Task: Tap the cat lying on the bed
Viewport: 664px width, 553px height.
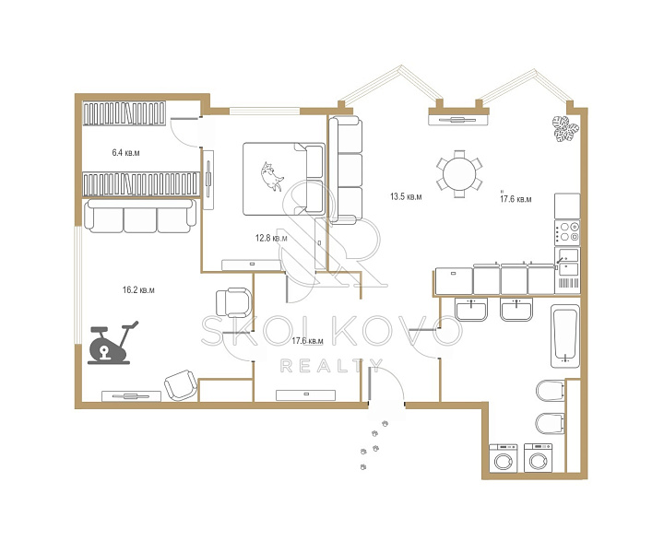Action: pos(272,176)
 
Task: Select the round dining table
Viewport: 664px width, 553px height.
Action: pos(459,174)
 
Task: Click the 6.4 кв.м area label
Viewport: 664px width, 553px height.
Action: pos(125,153)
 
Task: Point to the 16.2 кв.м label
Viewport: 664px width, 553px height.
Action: pos(138,289)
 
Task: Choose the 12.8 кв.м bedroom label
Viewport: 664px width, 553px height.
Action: pos(271,238)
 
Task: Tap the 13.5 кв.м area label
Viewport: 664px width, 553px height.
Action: pos(406,196)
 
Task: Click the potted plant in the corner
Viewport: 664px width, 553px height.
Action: pos(565,129)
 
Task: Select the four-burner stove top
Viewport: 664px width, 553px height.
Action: pos(567,232)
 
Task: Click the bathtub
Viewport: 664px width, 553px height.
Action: pos(565,335)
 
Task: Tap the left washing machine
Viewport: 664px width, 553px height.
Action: pos(504,458)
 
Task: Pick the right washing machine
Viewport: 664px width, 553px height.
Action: pos(539,458)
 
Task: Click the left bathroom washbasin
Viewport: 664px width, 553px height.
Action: pos(471,310)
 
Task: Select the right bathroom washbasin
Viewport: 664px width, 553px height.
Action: pos(516,310)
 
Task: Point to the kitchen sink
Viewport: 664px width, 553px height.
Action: pos(567,262)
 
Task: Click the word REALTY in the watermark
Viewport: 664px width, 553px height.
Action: pos(332,366)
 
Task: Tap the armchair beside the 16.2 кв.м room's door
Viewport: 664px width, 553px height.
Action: pos(233,302)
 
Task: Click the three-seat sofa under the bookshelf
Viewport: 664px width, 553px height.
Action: pos(140,217)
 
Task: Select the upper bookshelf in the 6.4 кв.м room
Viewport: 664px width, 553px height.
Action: pos(125,113)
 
